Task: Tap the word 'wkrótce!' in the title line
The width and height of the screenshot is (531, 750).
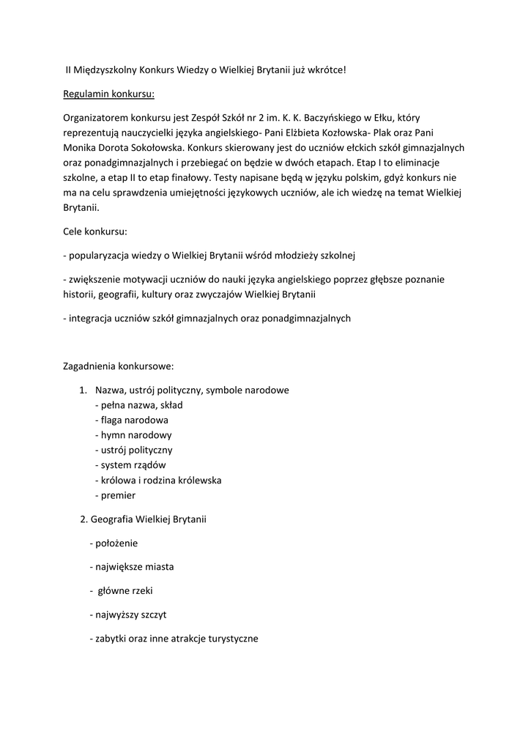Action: coord(322,70)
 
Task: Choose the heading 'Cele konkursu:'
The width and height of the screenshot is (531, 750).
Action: coord(95,231)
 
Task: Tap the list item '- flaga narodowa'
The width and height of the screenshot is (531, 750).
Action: coord(131,420)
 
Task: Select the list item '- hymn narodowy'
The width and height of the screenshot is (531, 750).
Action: coord(133,435)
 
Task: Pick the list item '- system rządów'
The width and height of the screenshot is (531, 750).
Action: coord(130,465)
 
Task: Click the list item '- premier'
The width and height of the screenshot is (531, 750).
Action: coord(115,495)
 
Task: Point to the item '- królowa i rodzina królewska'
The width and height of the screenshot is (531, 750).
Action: coord(157,480)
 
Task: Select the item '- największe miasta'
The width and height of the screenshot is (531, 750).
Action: coord(131,567)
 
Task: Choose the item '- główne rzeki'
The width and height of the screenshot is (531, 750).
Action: coord(121,590)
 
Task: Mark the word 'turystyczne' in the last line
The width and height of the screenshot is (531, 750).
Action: coord(231,638)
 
